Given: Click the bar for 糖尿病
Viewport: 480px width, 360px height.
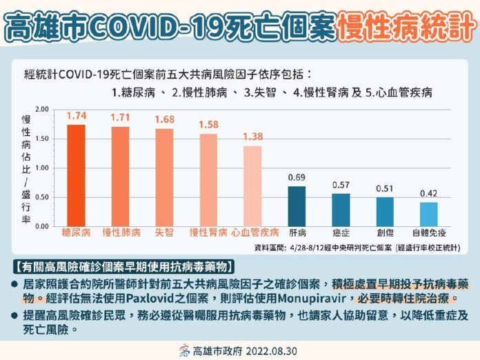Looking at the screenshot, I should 76,175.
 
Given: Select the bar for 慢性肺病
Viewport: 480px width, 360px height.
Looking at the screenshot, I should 120,177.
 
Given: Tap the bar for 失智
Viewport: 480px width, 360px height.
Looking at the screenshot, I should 164,177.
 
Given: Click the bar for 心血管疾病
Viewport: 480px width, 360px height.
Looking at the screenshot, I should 252,186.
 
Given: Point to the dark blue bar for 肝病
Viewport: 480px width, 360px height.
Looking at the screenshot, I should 297,206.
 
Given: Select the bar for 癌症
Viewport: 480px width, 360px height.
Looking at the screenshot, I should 341,210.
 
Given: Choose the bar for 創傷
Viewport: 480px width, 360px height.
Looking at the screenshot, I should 385,212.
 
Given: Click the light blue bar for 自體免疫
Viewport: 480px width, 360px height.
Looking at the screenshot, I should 429,214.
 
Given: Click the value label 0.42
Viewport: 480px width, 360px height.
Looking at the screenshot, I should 429,194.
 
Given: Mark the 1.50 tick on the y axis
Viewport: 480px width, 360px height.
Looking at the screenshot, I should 42,139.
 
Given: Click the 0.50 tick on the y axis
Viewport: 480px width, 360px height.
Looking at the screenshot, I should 42,197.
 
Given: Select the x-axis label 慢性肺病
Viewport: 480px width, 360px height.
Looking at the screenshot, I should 120,233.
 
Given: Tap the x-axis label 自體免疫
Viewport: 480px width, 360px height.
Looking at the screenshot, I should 429,233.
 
